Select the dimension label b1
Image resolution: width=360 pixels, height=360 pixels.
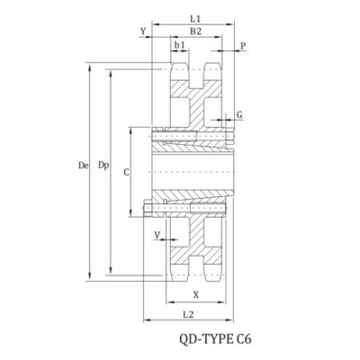tap(181, 43)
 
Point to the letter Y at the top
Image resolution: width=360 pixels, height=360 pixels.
tap(144, 31)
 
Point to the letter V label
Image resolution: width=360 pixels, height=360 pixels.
tap(158, 235)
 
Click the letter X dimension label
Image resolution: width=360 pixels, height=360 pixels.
tap(197, 294)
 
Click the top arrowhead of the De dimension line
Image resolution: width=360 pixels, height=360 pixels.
tap(89, 65)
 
